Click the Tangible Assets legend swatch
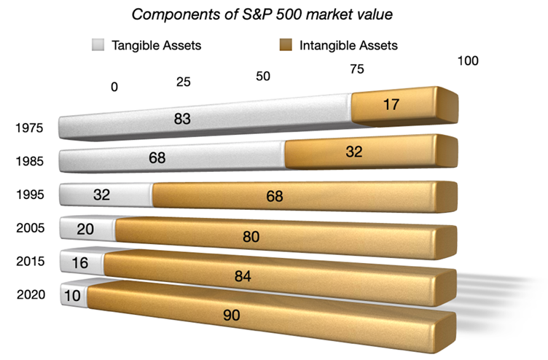coord(99,45)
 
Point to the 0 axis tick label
coord(114,87)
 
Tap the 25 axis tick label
coord(184,82)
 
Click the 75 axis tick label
coord(357,69)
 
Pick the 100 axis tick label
coord(467,60)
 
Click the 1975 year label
coord(31,129)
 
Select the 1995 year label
coord(31,195)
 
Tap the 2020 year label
coord(31,295)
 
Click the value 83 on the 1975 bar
coord(182,119)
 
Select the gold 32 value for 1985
coord(355,152)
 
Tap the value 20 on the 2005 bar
coord(85,230)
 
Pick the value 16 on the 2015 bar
coord(80,263)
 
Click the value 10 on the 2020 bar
coord(71,296)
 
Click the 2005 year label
coord(31,228)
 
